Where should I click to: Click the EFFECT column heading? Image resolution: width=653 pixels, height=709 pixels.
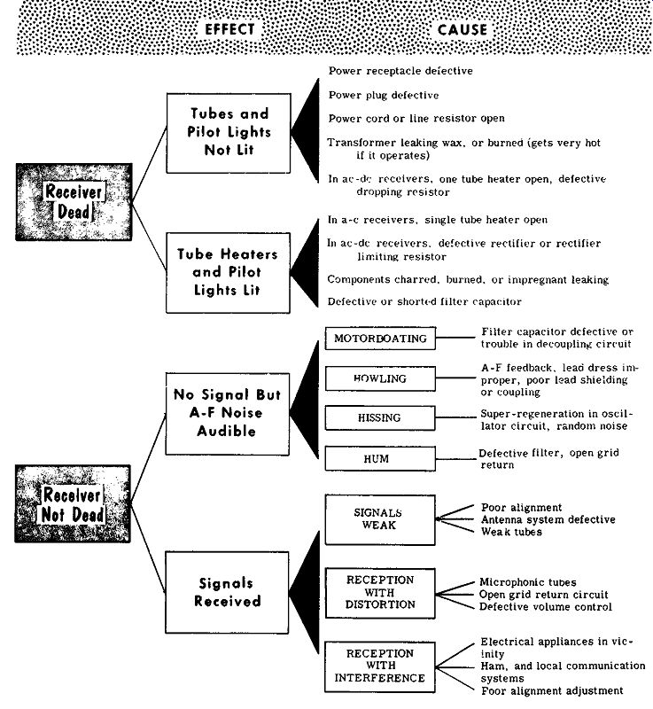[229, 30]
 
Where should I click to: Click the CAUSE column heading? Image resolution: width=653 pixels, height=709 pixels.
[463, 30]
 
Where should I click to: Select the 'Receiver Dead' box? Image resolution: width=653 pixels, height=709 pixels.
[74, 202]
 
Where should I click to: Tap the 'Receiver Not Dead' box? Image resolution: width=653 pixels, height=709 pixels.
[73, 503]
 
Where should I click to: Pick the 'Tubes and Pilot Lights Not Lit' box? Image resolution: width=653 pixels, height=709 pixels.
[229, 133]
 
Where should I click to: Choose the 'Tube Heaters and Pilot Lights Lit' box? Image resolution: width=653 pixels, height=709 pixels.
[228, 273]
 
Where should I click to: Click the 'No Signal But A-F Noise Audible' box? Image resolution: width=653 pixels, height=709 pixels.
[228, 414]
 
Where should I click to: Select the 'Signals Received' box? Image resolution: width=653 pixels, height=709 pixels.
[227, 592]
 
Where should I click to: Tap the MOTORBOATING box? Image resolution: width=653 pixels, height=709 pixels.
[380, 339]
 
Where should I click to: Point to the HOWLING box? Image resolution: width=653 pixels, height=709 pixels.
[380, 378]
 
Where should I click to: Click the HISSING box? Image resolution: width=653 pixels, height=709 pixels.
[380, 417]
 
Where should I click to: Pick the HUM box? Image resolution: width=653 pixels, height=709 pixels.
[380, 459]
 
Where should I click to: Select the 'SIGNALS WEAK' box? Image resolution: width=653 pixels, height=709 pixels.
[380, 519]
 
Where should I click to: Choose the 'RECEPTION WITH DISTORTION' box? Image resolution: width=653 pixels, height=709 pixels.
[380, 593]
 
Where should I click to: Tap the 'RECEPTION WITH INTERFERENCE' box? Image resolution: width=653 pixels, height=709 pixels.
[380, 667]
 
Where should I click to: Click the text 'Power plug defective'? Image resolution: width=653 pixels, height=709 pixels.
[384, 95]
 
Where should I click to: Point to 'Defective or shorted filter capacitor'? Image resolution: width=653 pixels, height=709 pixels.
[424, 301]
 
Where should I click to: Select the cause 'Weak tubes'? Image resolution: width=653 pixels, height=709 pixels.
[511, 532]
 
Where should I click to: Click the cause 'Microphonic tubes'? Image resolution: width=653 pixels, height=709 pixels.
[528, 582]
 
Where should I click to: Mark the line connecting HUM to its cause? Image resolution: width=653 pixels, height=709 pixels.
[455, 459]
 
